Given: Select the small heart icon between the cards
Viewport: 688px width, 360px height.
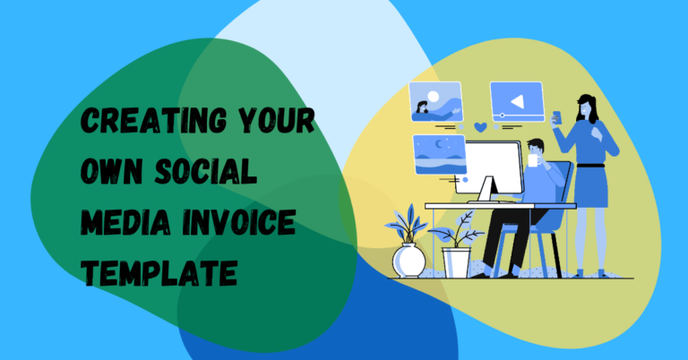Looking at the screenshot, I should click(480, 127).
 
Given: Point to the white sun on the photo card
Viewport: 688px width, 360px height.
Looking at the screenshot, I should click(434, 95).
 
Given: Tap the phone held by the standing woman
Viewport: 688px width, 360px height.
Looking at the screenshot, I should click(555, 116).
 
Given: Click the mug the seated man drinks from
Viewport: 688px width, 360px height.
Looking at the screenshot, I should click(535, 162).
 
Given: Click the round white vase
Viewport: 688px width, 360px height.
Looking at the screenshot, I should click(409, 261).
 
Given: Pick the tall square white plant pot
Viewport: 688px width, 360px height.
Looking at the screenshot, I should click(456, 261).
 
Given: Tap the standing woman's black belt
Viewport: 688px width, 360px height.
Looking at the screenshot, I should click(590, 165).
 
